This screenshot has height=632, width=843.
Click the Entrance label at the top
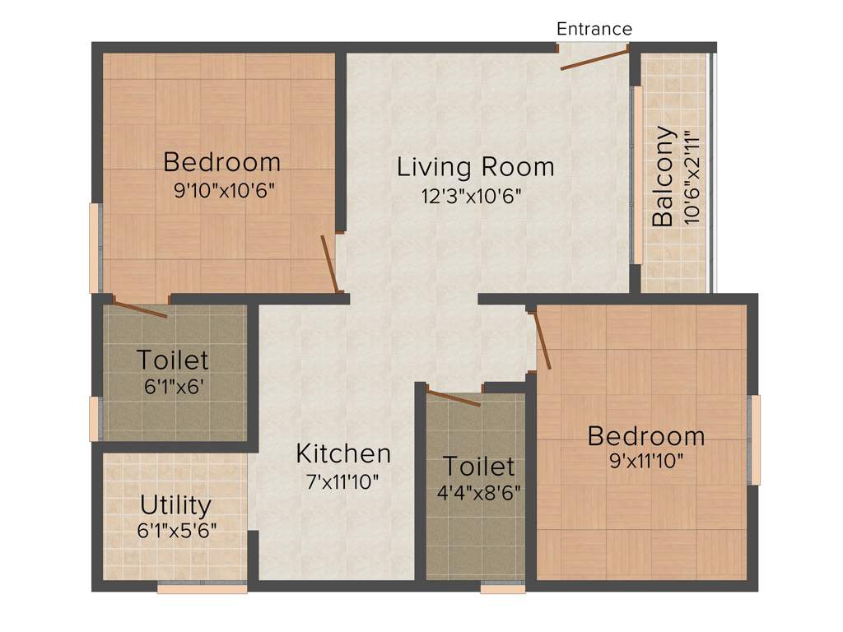click(594, 30)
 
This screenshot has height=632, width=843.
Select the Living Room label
click(475, 167)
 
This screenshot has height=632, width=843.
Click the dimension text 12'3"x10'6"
click(471, 196)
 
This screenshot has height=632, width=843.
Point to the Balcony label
click(664, 176)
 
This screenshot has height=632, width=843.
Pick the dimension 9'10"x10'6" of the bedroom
click(223, 191)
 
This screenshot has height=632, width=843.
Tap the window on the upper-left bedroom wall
click(95, 248)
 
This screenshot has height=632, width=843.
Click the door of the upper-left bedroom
click(329, 263)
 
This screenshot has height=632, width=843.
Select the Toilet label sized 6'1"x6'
click(172, 360)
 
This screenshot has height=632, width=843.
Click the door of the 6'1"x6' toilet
click(140, 309)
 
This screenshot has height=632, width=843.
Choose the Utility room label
click(175, 504)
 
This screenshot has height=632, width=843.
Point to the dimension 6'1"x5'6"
click(177, 531)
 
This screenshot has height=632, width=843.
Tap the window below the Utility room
click(202, 588)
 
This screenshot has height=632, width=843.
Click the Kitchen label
click(343, 453)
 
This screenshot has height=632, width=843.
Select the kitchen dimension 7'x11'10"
click(342, 482)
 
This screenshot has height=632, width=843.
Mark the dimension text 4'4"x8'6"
click(478, 494)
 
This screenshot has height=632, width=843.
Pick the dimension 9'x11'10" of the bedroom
click(646, 459)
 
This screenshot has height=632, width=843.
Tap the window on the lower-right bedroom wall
click(755, 439)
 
